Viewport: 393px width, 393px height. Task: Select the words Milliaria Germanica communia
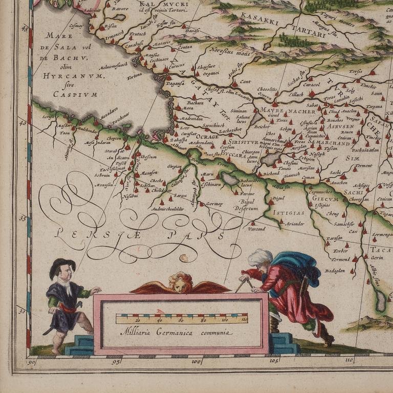coord(176,333)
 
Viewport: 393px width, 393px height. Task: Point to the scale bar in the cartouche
coord(181,319)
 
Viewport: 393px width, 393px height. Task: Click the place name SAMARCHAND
coord(329,143)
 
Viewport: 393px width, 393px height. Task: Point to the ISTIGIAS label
coord(289,212)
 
